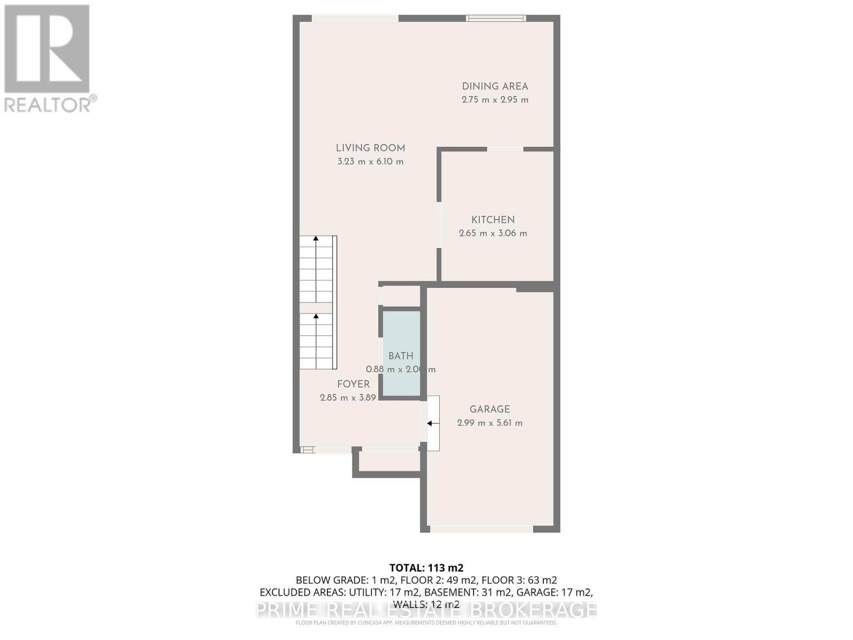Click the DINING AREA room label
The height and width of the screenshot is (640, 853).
(x=495, y=86)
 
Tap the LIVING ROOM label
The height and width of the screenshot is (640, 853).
(x=370, y=148)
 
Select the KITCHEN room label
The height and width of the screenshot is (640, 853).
(x=493, y=220)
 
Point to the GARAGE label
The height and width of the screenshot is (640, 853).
(x=489, y=410)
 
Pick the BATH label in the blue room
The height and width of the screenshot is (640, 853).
(x=400, y=356)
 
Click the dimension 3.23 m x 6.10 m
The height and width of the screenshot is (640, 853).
(x=370, y=162)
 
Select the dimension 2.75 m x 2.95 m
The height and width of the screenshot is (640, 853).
(x=495, y=100)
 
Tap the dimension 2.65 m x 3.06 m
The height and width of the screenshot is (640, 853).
(x=493, y=233)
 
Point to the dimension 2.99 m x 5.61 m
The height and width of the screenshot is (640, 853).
(x=489, y=423)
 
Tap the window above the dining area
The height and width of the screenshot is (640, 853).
(x=496, y=18)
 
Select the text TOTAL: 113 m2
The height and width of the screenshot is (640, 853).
(x=426, y=568)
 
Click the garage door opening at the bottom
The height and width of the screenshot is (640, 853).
(x=481, y=529)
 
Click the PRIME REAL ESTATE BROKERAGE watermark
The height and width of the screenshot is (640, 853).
(x=426, y=610)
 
